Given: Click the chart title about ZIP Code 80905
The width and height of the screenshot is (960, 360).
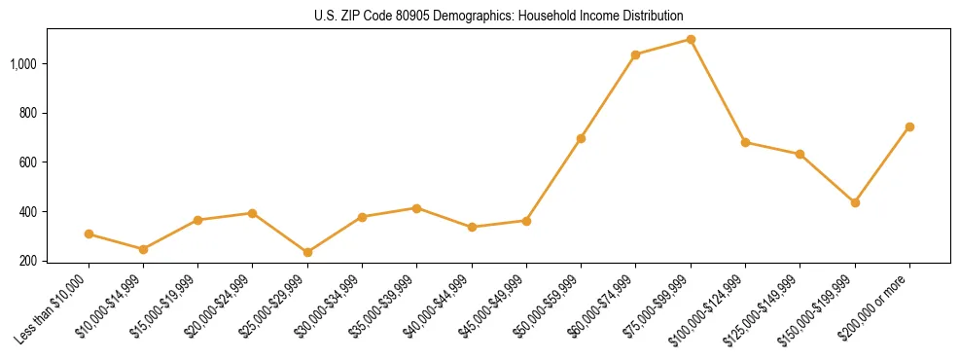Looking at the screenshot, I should (x=480, y=16).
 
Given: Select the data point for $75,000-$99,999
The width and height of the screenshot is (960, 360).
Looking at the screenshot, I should (x=691, y=40).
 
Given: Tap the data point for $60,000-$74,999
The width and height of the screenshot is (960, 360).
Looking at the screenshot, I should (x=635, y=54).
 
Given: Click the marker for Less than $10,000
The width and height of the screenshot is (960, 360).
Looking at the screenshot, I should (x=89, y=234).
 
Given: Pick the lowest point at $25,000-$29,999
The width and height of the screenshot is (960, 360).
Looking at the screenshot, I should (x=307, y=252).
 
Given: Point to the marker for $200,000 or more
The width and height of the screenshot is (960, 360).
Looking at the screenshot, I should (x=909, y=126).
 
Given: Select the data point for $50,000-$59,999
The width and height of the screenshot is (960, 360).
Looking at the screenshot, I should (x=581, y=138).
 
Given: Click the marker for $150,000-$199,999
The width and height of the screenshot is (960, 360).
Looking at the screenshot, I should (x=855, y=202).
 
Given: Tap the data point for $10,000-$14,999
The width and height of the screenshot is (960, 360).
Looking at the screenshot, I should (x=143, y=249).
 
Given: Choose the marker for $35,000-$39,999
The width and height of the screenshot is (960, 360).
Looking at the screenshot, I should (x=416, y=208).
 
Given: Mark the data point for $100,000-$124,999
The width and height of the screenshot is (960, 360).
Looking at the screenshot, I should (x=745, y=142).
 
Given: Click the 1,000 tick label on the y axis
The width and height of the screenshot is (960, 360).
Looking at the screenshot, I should (x=24, y=64).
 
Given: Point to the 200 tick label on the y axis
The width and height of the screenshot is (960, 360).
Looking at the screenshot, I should (x=29, y=261).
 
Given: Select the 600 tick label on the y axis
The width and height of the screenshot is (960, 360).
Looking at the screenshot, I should (x=29, y=162).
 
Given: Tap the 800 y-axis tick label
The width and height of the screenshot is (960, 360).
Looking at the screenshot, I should (x=29, y=113).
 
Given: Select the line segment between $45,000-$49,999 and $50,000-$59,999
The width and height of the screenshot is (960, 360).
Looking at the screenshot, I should (x=553, y=180).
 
